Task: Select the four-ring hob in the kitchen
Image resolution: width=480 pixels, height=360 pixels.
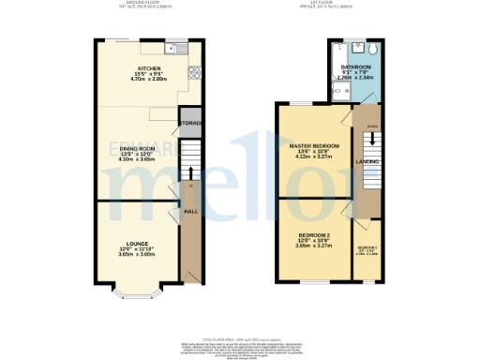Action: pyautogui.click(x=193, y=74)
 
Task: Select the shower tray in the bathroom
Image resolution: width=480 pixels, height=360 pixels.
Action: pyautogui.click(x=339, y=90)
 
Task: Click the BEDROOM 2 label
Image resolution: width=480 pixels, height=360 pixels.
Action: pyautogui.click(x=311, y=235)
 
